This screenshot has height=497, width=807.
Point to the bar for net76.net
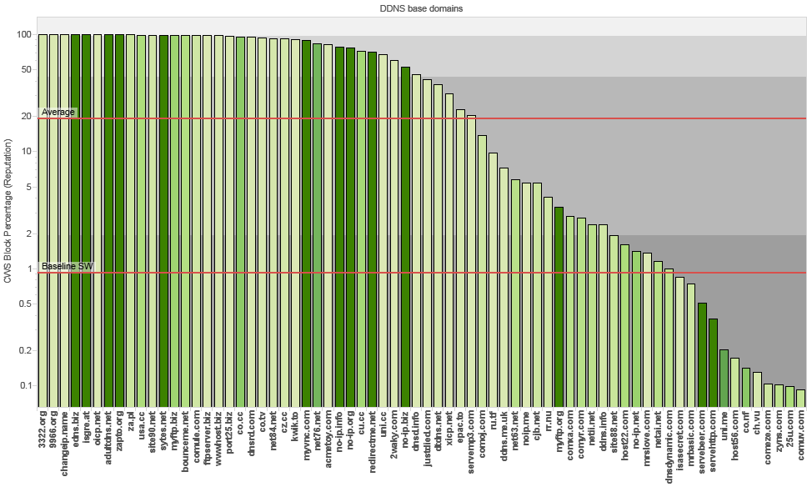click(317, 224)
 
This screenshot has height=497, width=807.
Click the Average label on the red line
click(58, 113)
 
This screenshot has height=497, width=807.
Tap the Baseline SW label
click(67, 266)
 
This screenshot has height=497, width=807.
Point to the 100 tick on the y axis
click(24, 35)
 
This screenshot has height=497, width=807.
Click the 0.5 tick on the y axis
click(25, 304)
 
